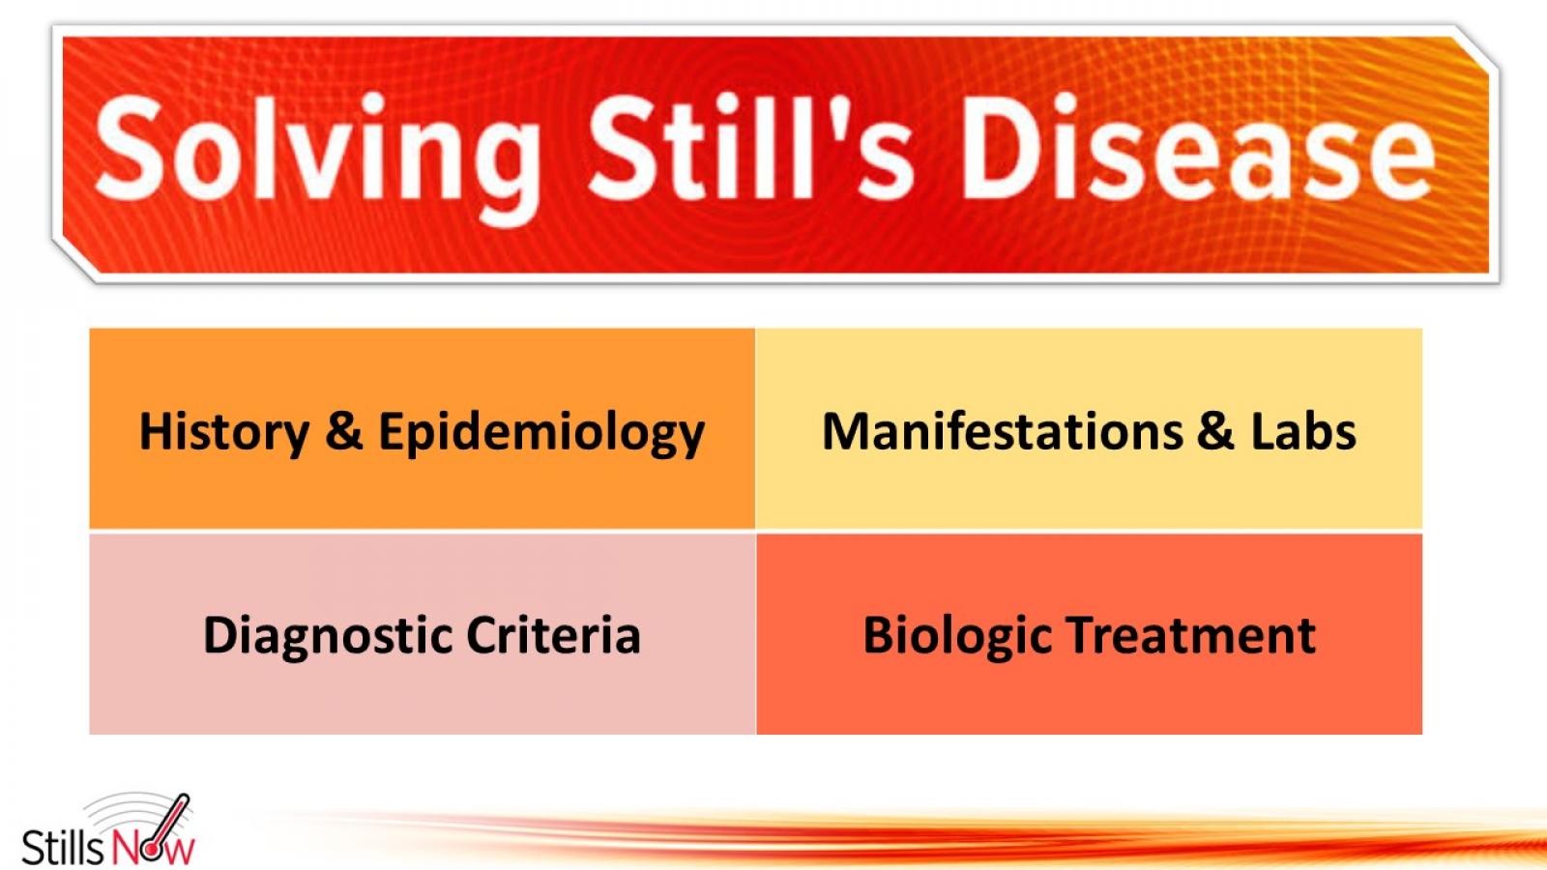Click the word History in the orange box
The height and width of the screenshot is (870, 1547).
[224, 432]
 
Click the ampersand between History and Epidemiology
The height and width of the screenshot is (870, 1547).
[344, 431]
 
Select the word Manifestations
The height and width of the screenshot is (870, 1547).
[1002, 431]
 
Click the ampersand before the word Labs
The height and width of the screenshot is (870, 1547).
[1215, 431]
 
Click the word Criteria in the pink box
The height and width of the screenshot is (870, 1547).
[553, 635]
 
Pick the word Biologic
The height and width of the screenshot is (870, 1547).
[956, 637]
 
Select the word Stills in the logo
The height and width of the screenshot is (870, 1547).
[62, 847]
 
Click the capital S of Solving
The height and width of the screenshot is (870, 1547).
[135, 150]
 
